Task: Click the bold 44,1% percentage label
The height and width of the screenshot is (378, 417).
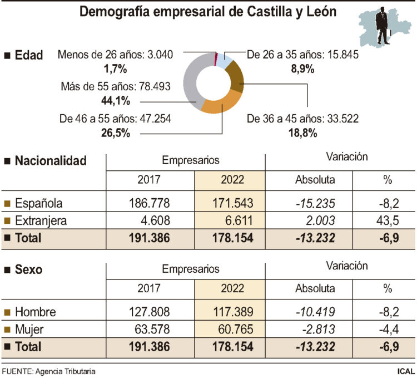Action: click(x=116, y=101)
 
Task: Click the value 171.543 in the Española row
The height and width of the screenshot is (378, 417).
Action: click(x=229, y=203)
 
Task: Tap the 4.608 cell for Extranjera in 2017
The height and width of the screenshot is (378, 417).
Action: click(x=149, y=220)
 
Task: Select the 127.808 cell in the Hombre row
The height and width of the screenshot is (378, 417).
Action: click(x=149, y=311)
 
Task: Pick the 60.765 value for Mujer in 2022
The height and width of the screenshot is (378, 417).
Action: click(x=229, y=328)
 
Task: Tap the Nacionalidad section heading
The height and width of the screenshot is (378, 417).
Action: click(x=51, y=161)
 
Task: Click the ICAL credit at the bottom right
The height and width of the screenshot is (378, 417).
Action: click(x=404, y=371)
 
